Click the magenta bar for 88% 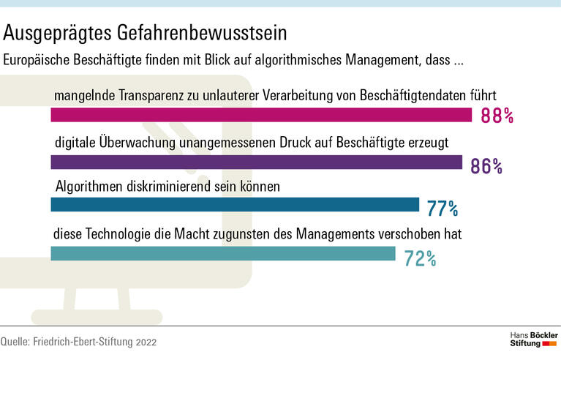click(261, 115)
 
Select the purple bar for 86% click(256, 162)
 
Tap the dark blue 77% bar click(234, 205)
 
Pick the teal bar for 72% click(222, 253)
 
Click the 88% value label click(497, 116)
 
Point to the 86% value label click(486, 166)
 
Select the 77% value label click(443, 210)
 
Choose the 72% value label click(420, 258)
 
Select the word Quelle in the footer click(15, 342)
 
